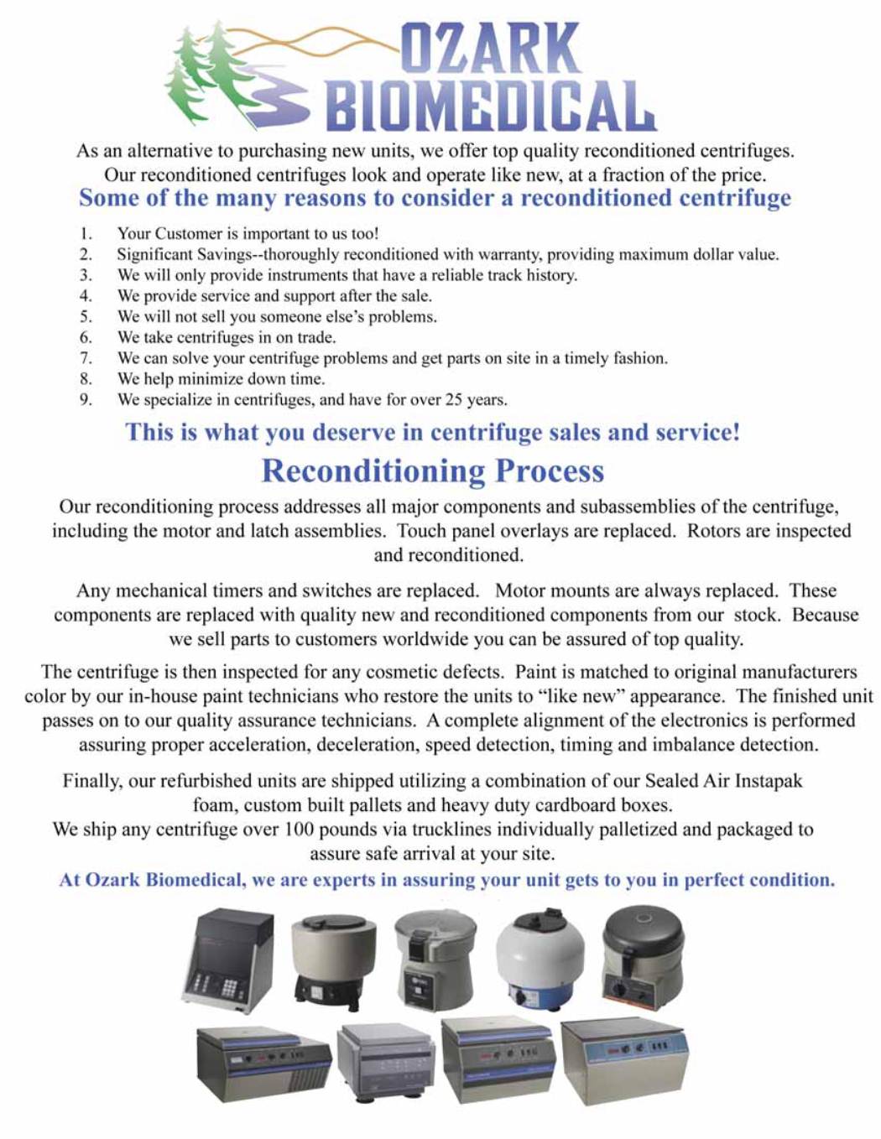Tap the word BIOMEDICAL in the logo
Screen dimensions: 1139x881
(x=490, y=107)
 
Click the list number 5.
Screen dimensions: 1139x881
(x=86, y=317)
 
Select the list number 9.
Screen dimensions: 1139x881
(x=86, y=400)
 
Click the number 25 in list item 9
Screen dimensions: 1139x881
(x=454, y=400)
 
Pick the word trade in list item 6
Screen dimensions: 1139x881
(x=315, y=337)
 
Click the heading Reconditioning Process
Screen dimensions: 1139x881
(x=432, y=471)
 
